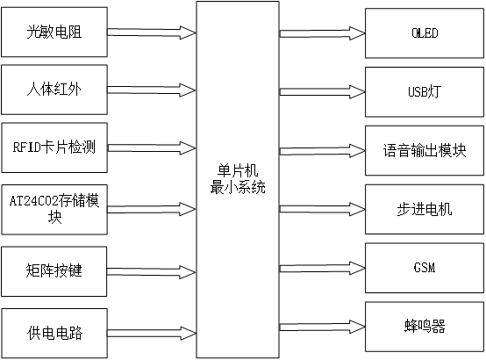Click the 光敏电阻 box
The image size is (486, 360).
point(54,32)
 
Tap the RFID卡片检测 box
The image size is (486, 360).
point(54,147)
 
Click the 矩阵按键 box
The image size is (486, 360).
point(54,270)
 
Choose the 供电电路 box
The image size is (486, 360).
point(54,333)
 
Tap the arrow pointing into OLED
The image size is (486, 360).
point(320,33)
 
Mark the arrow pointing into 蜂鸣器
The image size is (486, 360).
point(320,327)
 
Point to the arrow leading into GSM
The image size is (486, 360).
point(320,267)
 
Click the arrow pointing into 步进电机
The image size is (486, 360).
point(320,208)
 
